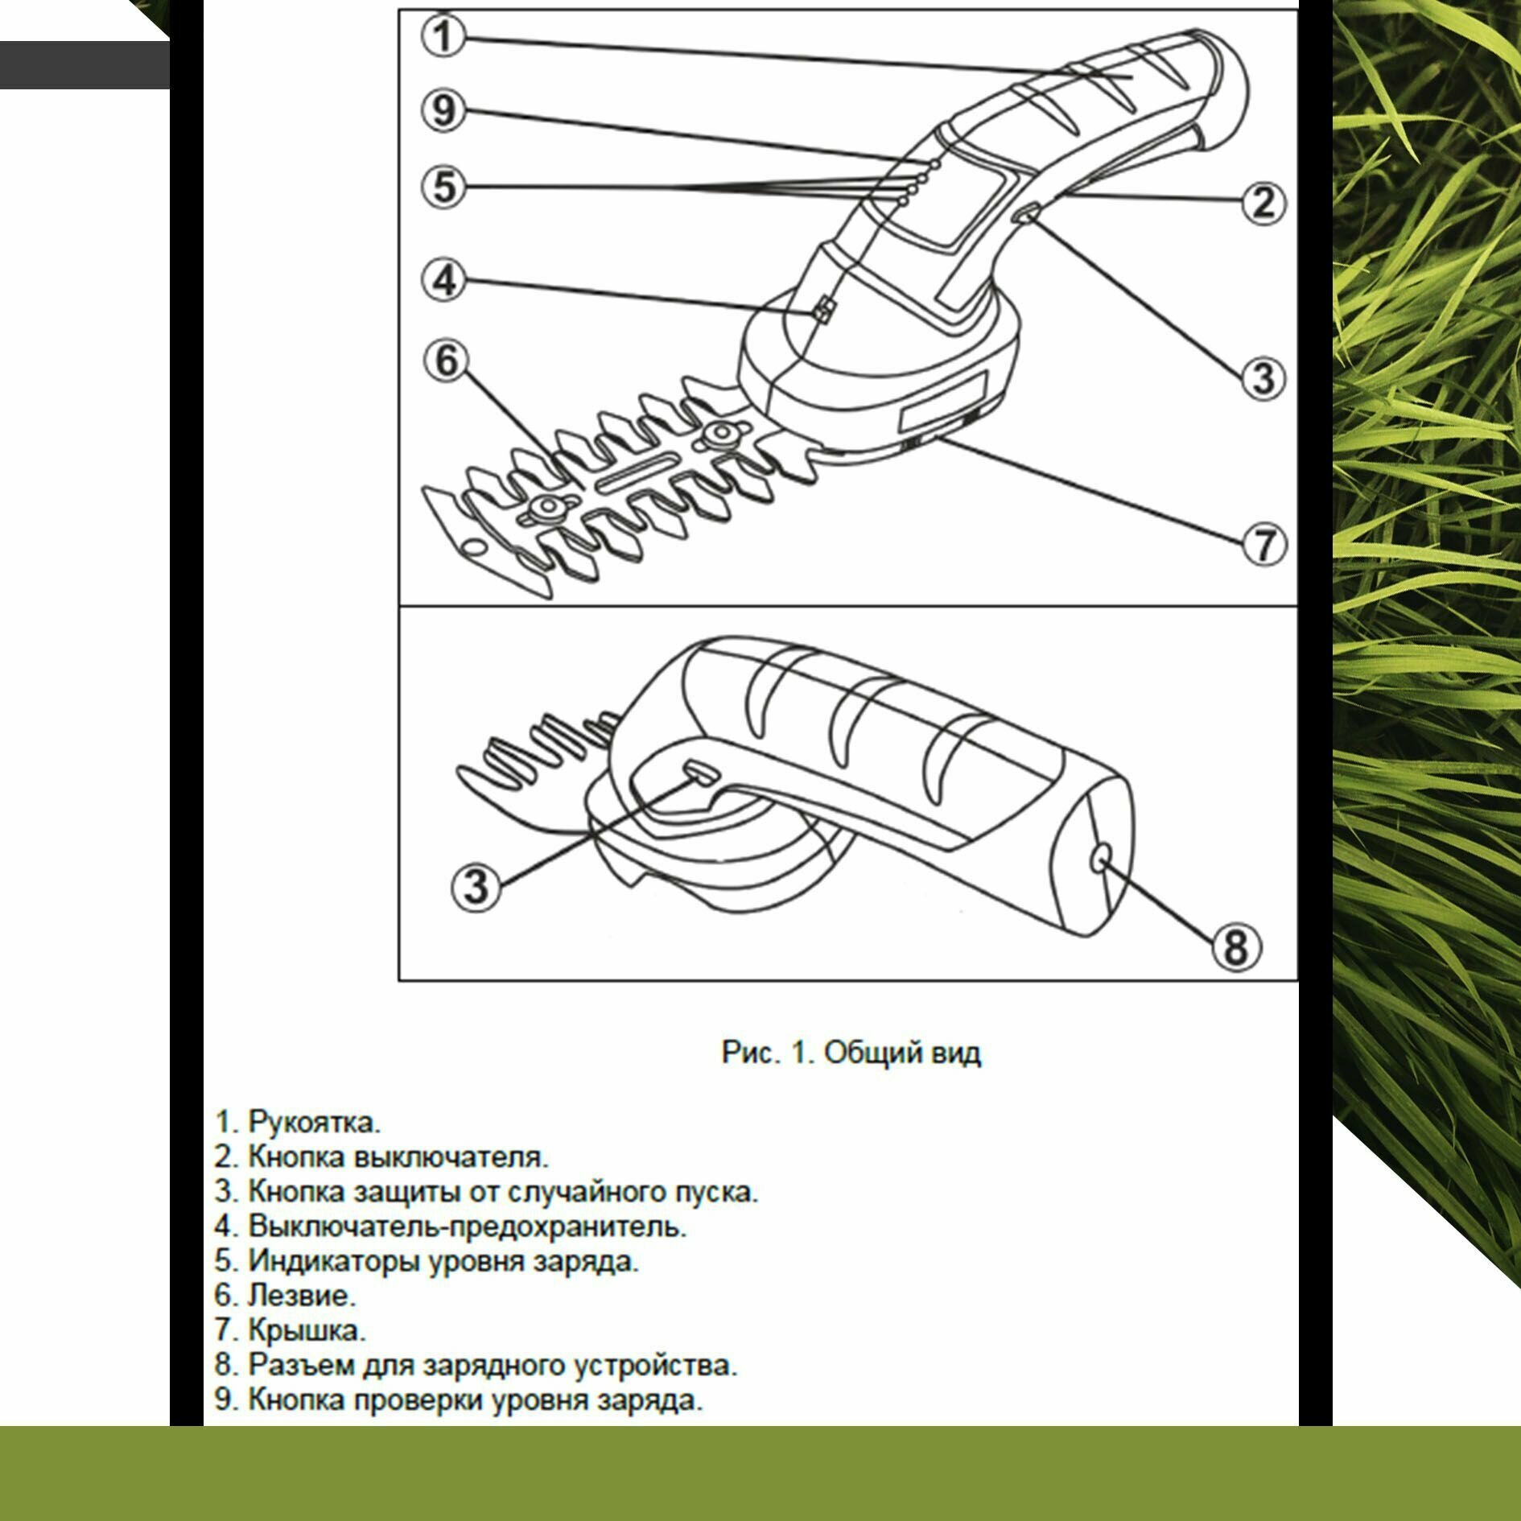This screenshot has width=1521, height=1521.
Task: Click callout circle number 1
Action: (x=443, y=36)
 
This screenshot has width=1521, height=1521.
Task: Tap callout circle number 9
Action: (x=443, y=109)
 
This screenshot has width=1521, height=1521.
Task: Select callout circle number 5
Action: (x=443, y=187)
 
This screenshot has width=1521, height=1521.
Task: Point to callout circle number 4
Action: (x=443, y=280)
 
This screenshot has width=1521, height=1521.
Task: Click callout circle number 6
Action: (x=446, y=360)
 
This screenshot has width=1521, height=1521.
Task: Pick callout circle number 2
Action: (x=1263, y=202)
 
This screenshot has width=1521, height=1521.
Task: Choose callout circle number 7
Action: (x=1264, y=544)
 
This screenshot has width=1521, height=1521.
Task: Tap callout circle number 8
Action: (x=1236, y=946)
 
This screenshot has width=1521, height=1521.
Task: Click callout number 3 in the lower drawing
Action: (x=476, y=886)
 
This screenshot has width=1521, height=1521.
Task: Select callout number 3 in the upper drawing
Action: (x=1263, y=377)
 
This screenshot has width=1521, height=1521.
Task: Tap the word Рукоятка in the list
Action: (x=314, y=1121)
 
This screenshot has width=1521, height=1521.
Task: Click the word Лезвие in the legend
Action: (x=301, y=1295)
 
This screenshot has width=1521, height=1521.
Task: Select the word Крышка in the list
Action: (x=306, y=1329)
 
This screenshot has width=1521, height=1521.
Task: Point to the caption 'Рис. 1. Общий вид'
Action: (x=851, y=1052)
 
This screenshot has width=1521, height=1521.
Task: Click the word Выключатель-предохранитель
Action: (x=467, y=1226)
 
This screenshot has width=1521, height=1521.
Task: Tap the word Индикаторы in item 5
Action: (x=336, y=1260)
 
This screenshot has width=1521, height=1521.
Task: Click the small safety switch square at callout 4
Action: (x=823, y=308)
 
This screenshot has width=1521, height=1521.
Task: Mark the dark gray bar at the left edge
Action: (x=84, y=64)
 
